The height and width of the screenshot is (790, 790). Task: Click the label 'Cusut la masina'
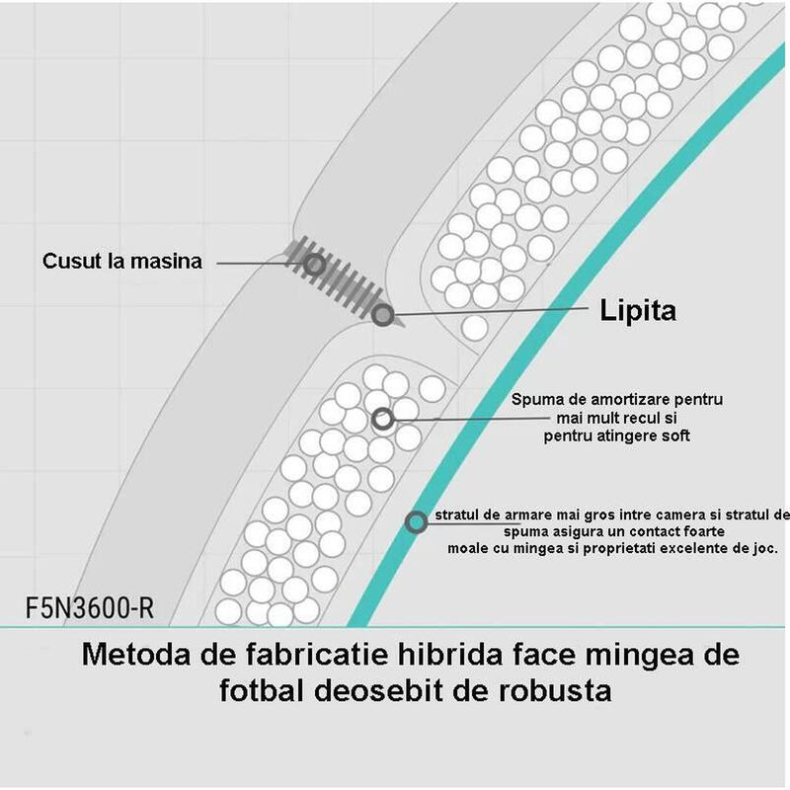121,261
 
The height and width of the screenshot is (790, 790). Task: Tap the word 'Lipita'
638,310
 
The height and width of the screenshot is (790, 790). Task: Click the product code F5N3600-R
90,608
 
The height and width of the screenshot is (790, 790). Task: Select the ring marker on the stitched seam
314,265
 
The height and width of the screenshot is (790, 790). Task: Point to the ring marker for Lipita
383,315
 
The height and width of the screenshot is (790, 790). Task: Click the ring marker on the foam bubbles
383,419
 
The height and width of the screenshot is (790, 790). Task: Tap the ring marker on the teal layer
416,522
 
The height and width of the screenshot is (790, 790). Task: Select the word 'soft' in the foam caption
673,435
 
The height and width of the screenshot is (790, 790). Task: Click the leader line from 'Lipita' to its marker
491,311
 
